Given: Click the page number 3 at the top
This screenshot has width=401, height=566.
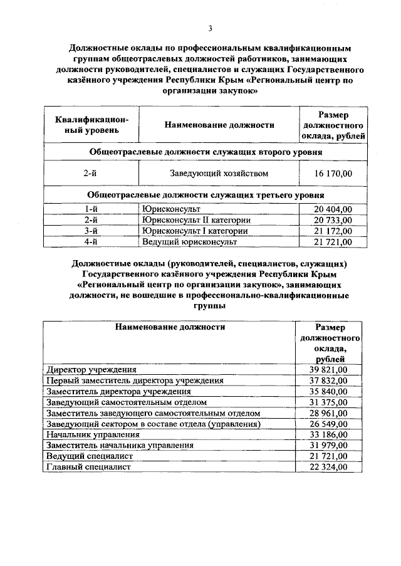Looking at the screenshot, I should point(211,28).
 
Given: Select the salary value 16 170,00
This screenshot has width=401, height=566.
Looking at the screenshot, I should point(333,173).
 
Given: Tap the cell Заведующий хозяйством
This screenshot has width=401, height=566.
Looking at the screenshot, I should point(219,173).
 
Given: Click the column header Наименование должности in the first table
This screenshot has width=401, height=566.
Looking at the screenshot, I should point(219,125).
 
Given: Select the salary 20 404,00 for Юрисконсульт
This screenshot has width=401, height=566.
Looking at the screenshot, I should point(333,209).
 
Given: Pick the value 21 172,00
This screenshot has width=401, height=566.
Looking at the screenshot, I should point(333,231).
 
